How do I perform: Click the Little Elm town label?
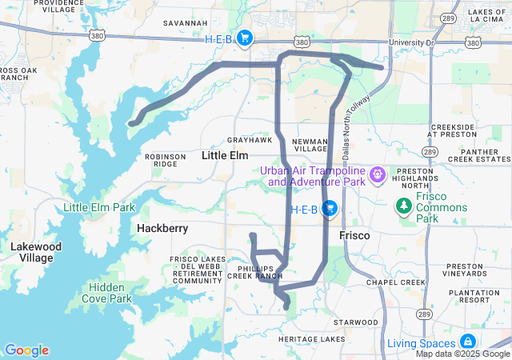[x=225, y=155]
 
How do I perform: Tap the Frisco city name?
[x=354, y=236]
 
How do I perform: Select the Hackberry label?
[x=162, y=228]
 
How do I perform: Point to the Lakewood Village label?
[x=36, y=253]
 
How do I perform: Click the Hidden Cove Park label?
[x=106, y=293]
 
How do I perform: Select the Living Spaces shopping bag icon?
[x=466, y=342]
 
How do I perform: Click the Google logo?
[x=26, y=350]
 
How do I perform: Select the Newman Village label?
[x=310, y=144]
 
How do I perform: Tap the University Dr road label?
[x=410, y=42]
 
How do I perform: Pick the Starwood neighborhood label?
[x=356, y=322]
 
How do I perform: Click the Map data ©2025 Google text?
[x=462, y=354]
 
